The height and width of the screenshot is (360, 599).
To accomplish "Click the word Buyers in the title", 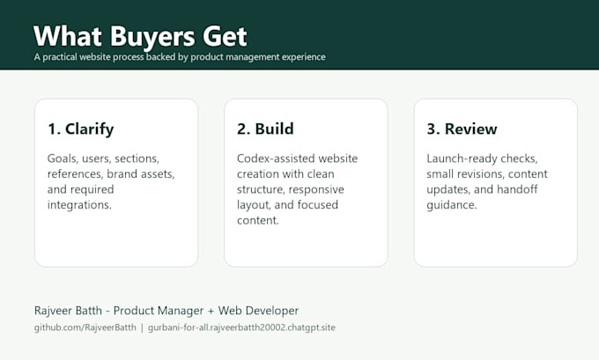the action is click(x=152, y=38).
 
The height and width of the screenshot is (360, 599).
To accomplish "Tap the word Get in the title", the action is click(x=225, y=36).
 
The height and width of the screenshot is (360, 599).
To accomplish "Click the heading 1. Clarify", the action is click(x=81, y=129).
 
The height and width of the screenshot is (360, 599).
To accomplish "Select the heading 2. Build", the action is click(x=265, y=129).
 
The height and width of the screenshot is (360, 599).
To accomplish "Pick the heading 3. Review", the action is click(x=462, y=129).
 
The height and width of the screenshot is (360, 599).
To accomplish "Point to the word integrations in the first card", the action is click(x=79, y=205).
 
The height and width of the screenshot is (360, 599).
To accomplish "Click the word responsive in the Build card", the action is click(x=316, y=190).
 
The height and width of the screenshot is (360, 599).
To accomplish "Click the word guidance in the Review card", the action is click(x=452, y=205).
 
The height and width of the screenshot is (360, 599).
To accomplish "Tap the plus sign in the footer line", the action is click(x=211, y=311).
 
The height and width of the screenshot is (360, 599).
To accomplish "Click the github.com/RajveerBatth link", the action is click(x=85, y=327).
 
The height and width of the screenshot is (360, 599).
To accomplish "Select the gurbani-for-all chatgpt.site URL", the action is click(x=241, y=327).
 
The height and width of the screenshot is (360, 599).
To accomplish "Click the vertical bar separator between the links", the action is click(x=142, y=327).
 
